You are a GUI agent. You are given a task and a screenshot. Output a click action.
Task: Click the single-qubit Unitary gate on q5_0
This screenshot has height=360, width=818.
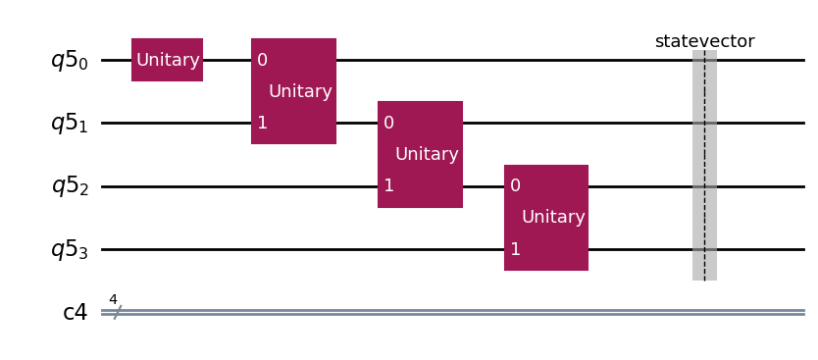point(167,60)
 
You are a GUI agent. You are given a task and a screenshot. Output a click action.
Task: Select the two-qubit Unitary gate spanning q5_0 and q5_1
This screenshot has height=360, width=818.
point(293,91)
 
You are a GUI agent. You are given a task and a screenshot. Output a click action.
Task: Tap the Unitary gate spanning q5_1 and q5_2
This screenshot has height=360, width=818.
point(420,154)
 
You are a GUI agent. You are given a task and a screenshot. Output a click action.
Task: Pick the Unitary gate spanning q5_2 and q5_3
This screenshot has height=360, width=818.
point(546,218)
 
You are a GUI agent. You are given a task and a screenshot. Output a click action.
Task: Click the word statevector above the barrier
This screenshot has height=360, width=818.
point(704,41)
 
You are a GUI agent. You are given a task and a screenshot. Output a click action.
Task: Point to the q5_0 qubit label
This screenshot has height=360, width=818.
point(69,61)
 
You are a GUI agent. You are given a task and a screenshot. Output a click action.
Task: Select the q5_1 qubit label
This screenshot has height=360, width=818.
point(69,124)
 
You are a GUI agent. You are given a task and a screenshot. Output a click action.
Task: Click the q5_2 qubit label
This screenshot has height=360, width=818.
point(69,186)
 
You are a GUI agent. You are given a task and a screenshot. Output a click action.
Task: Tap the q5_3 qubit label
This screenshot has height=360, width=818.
point(69,250)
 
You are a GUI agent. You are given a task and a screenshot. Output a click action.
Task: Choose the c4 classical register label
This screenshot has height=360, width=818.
point(76,313)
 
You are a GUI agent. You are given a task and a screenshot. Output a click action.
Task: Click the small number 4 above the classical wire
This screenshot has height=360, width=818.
point(113,299)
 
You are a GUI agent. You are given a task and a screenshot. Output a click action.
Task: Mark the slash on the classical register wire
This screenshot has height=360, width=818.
point(117,312)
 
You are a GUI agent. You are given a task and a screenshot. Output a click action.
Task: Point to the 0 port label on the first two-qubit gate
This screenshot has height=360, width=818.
point(262,60)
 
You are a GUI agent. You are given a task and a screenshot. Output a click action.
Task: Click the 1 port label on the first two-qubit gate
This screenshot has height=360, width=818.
point(262,123)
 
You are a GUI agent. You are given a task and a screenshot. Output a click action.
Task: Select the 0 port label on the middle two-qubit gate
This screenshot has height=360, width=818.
point(388,123)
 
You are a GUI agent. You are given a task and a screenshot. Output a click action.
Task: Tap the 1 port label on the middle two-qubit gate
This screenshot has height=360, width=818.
point(388,185)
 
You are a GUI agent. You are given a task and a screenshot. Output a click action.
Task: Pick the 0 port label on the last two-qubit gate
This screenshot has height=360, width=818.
point(515,185)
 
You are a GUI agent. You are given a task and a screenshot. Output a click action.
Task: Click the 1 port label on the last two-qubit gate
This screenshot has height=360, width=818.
point(515,249)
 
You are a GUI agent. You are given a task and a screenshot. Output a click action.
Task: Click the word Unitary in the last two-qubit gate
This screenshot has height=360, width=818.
point(553,217)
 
